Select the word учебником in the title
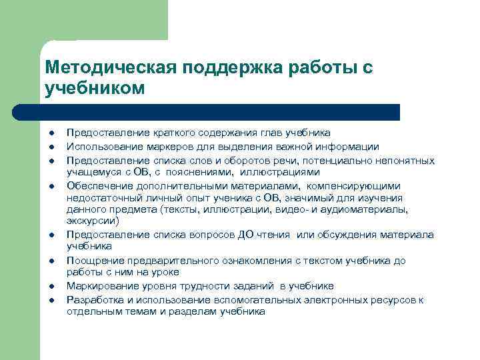(x=94, y=88)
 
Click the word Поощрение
(x=94, y=261)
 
